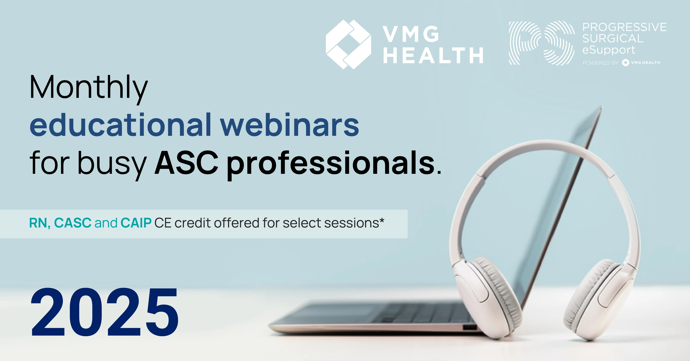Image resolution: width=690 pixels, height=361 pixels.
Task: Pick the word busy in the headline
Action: [112, 165]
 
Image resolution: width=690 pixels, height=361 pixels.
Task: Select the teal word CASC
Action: [73, 223]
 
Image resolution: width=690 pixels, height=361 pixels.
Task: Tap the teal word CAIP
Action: [136, 223]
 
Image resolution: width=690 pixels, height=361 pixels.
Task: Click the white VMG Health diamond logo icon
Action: [348, 44]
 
